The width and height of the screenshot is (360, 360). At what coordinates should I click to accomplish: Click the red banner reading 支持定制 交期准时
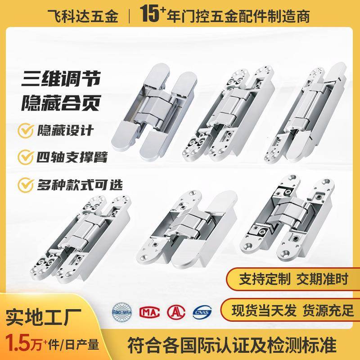click(x=293, y=280)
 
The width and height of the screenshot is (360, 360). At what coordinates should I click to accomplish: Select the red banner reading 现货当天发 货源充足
click(x=293, y=310)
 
